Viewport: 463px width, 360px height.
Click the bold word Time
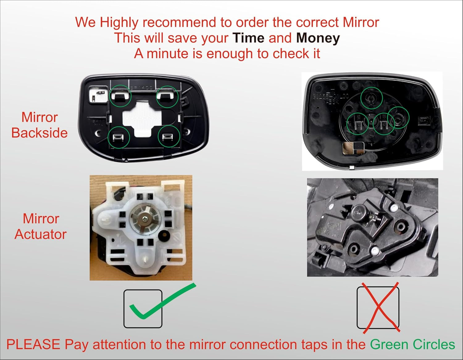coord(248,38)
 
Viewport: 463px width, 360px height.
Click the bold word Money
coord(318,38)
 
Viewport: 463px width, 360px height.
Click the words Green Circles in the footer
coord(412,345)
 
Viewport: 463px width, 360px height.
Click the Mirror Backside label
coord(40,125)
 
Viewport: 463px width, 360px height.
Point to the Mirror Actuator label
coord(41,227)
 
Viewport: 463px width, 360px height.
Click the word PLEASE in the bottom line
coord(33,345)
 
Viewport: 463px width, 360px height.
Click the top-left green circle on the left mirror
coord(120,96)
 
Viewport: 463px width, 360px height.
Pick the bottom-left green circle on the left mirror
coord(119,137)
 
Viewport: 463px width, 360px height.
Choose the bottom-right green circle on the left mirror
coord(169,136)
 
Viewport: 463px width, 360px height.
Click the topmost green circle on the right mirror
coord(372,98)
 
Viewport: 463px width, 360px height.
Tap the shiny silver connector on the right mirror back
coord(353,148)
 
